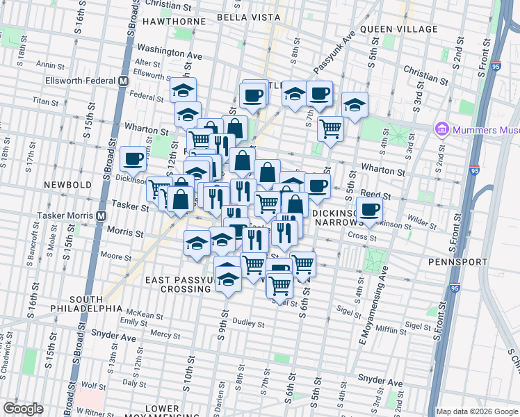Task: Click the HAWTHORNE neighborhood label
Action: [174, 22]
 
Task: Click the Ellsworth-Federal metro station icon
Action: [123, 81]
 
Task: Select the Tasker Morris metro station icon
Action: [101, 215]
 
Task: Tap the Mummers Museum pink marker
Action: [441, 129]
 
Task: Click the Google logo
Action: [23, 408]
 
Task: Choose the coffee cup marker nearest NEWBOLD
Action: [132, 158]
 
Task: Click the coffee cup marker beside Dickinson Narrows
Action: [369, 208]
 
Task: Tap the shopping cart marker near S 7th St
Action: [331, 127]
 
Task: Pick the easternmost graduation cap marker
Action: [355, 105]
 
